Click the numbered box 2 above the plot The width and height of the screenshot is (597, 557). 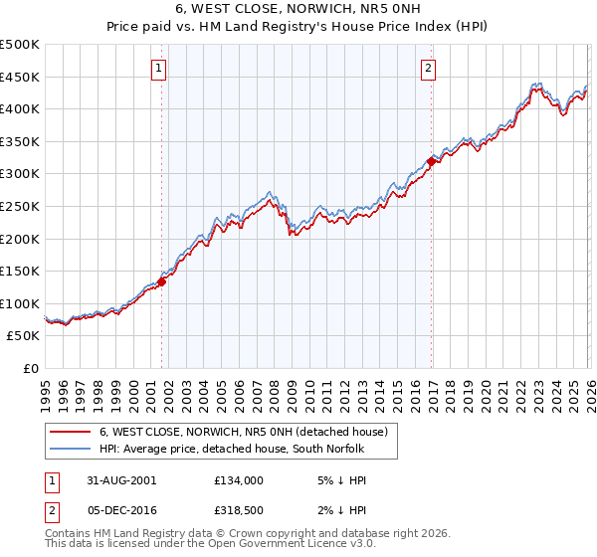[x=428, y=69]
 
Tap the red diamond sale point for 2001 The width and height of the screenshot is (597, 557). [x=161, y=280]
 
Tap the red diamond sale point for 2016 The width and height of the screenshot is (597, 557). [x=431, y=161]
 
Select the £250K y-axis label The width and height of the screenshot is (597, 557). [x=20, y=206]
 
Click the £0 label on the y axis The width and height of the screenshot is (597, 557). [x=31, y=368]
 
